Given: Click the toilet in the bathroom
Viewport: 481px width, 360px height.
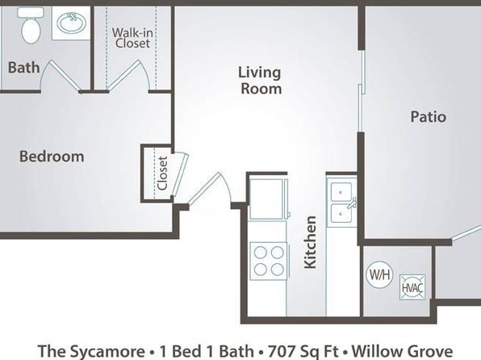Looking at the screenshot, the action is click(31, 25).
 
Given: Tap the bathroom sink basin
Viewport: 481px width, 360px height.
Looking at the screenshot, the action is click(72, 23).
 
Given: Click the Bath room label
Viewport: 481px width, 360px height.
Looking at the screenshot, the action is click(23, 68).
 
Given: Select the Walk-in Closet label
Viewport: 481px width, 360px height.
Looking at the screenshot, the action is click(132, 38).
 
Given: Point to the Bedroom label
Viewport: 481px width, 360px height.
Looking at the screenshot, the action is click(52, 157).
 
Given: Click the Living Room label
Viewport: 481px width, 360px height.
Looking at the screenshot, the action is click(260, 81).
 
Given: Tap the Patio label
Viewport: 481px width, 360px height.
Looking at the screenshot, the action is click(429, 116).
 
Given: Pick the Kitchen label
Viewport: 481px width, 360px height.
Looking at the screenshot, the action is click(310, 242).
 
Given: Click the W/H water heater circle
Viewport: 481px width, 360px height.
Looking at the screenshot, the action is click(380, 274).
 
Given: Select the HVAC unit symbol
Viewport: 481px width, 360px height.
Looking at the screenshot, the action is click(412, 287).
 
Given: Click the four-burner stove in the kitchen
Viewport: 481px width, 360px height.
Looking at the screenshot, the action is click(269, 261).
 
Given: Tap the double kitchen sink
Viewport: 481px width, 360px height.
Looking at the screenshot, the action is click(341, 203).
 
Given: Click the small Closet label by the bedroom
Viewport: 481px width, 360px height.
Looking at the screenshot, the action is click(162, 174).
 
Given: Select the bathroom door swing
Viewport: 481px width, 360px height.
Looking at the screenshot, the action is click(60, 76).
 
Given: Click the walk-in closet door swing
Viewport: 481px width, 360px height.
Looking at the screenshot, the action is click(128, 76).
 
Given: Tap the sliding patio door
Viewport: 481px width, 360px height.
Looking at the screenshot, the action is click(362, 91).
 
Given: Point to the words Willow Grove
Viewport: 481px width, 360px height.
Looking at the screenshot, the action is click(402, 351).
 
